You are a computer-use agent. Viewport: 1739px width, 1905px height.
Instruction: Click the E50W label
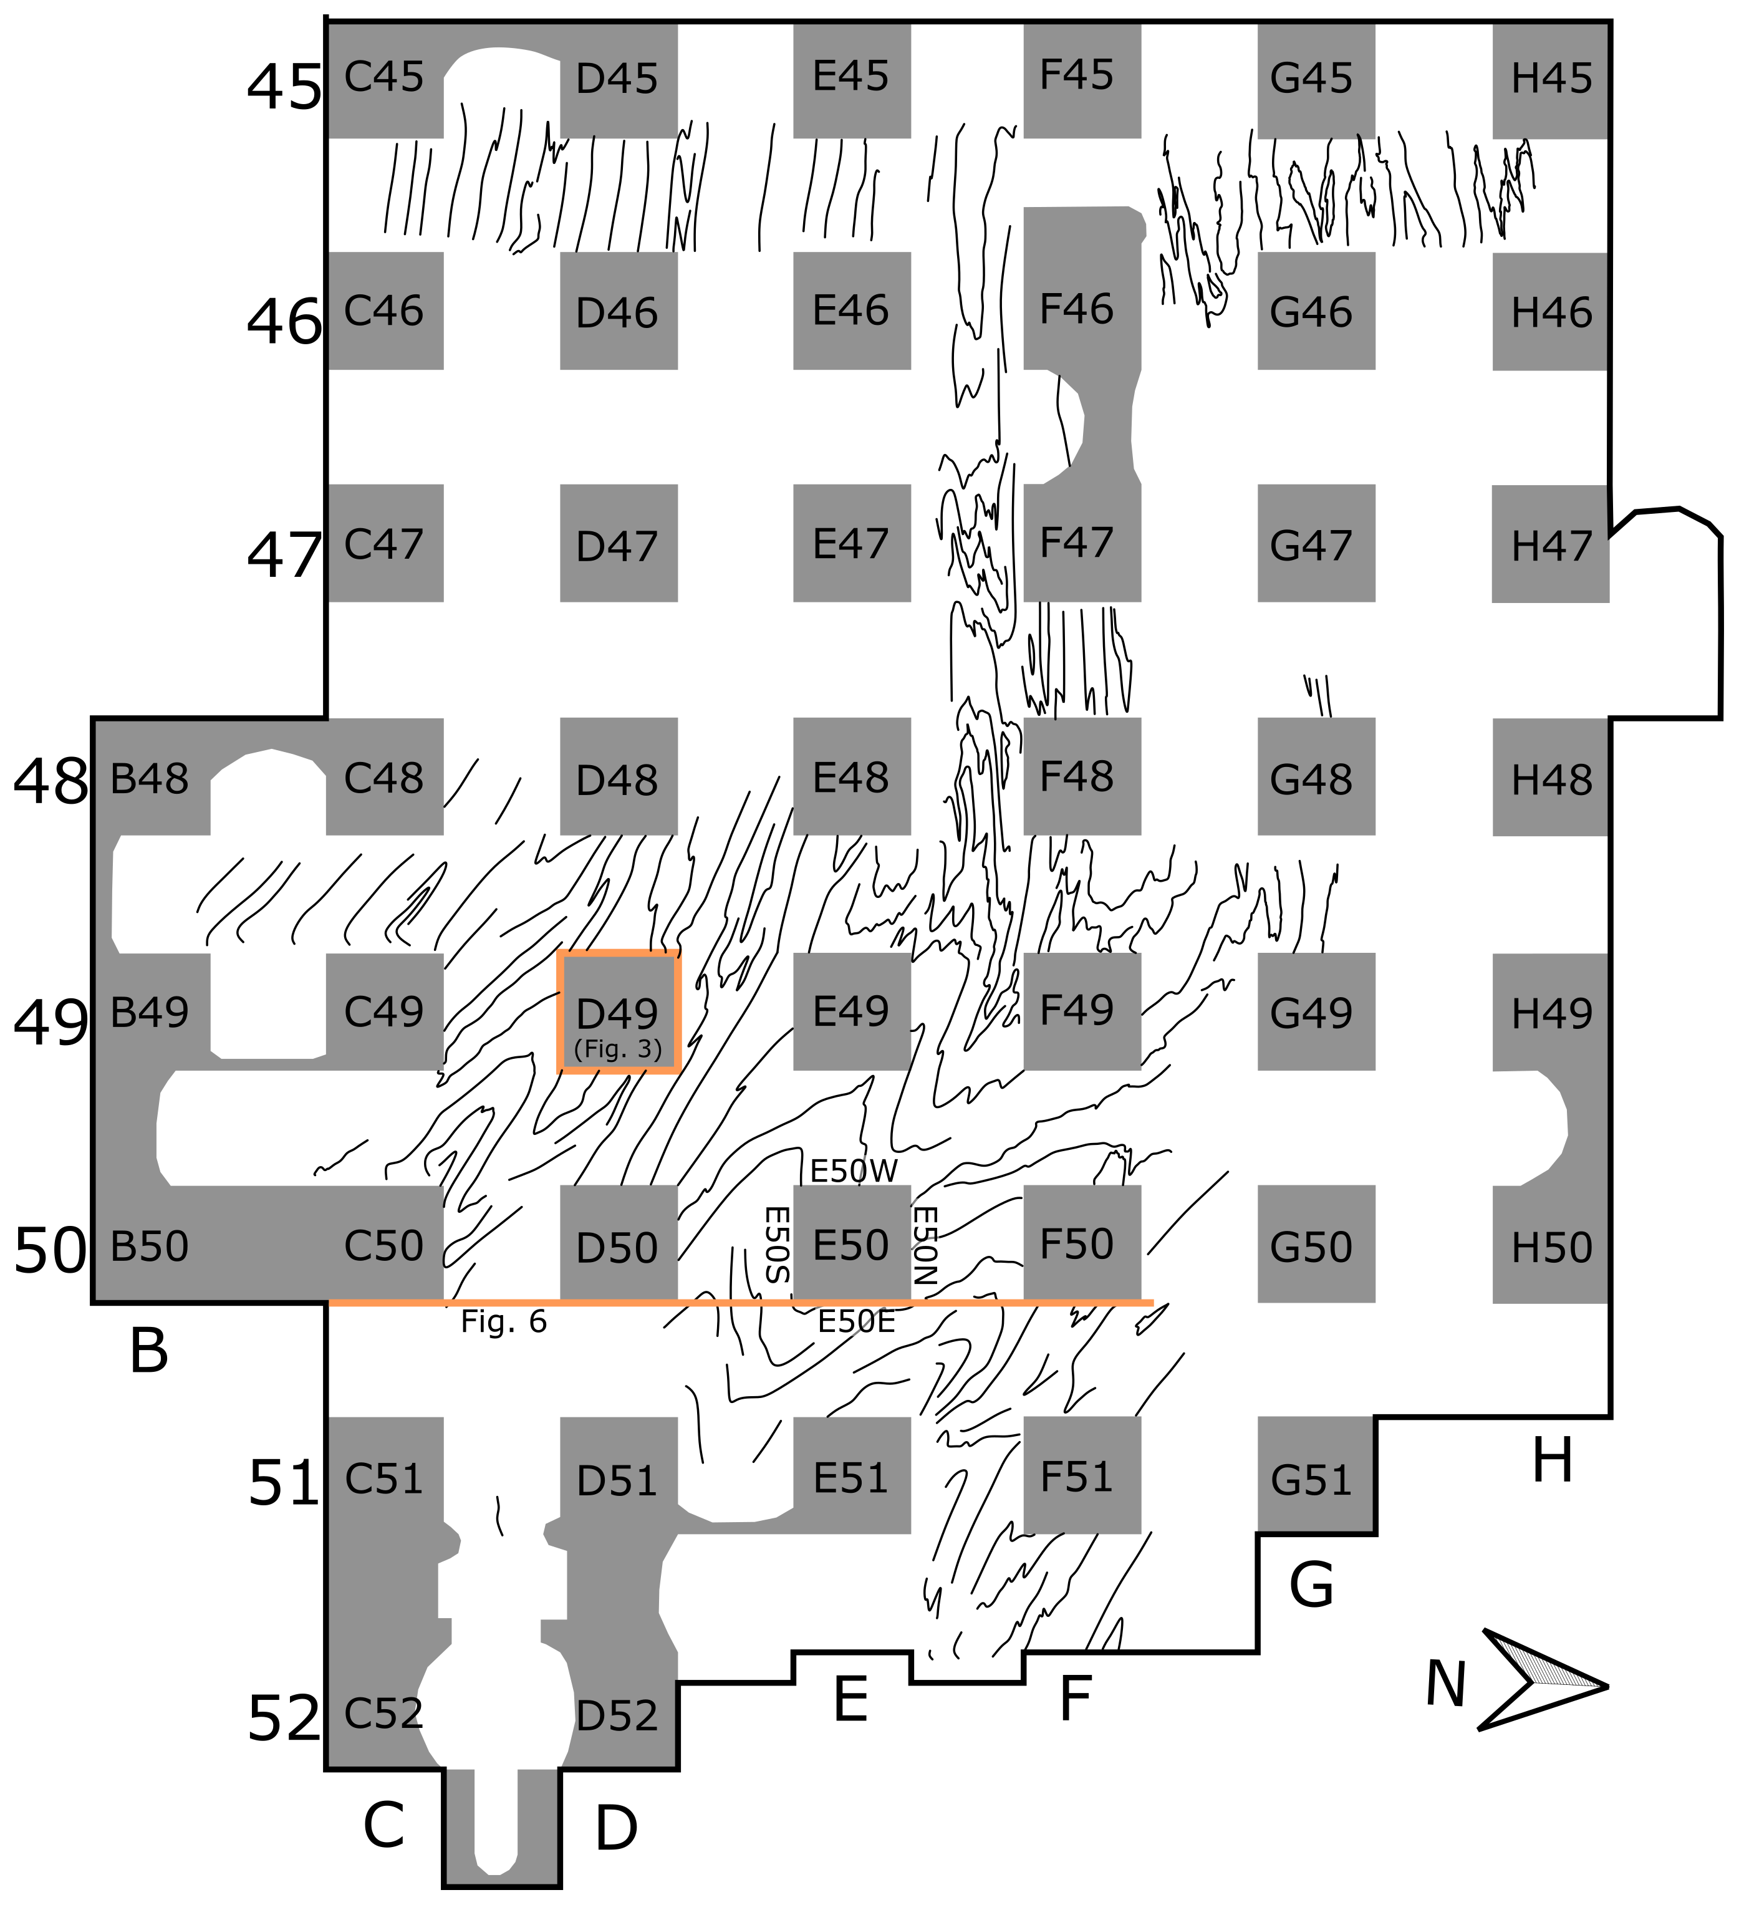click(x=854, y=1171)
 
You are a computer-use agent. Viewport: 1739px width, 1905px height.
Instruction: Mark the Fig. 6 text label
click(x=504, y=1321)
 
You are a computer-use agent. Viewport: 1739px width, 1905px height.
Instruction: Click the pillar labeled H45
click(x=1551, y=79)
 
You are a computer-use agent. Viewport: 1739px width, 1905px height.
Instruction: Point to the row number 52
click(x=284, y=1719)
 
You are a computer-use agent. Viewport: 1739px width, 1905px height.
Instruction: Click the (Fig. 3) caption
click(x=618, y=1049)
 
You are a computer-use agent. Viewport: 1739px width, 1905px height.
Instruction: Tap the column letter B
click(x=148, y=1350)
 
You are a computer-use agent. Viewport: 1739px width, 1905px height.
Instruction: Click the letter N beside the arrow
click(x=1445, y=1685)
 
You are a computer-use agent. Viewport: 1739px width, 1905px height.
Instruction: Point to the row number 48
click(x=50, y=783)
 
